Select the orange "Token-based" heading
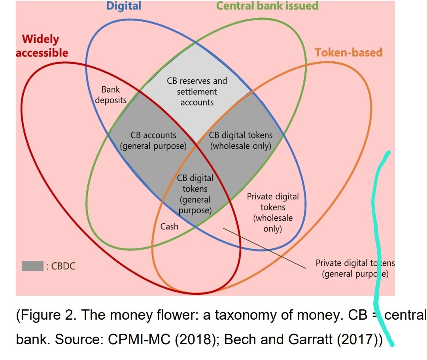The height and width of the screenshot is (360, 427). pyautogui.click(x=348, y=52)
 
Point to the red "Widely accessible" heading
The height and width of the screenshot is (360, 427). pyautogui.click(x=42, y=45)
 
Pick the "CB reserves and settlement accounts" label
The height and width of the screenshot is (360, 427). pyautogui.click(x=197, y=91)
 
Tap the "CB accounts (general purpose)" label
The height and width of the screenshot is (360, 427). pyautogui.click(x=153, y=140)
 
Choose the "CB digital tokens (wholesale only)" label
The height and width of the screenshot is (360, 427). pyautogui.click(x=240, y=140)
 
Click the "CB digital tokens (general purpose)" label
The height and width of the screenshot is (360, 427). pyautogui.click(x=195, y=194)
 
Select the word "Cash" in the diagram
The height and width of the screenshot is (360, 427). pyautogui.click(x=169, y=226)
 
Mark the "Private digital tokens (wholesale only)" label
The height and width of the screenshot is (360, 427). pyautogui.click(x=273, y=212)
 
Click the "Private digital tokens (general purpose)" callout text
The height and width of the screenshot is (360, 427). pyautogui.click(x=355, y=268)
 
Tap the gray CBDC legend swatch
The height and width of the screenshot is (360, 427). pyautogui.click(x=32, y=266)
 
